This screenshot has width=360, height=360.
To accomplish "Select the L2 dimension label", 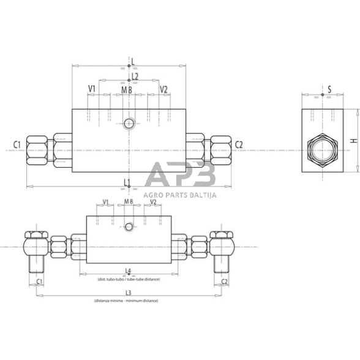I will (x=135, y=76).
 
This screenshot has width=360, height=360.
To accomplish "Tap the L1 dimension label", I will (x=127, y=182).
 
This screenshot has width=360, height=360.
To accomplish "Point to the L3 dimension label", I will (x=127, y=293).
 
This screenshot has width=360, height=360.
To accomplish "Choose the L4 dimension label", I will (x=127, y=271).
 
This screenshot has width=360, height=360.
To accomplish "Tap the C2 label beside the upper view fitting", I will (x=239, y=144).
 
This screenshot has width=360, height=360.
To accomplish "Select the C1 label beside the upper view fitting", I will (x=17, y=144).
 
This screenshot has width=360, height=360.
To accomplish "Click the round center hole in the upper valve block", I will (x=129, y=124).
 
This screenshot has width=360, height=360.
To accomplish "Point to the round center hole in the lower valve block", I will (x=129, y=228).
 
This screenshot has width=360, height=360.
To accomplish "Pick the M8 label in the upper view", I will (x=127, y=90).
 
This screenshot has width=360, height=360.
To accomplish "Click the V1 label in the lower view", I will (x=105, y=201).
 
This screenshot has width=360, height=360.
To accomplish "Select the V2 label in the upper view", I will (x=163, y=89).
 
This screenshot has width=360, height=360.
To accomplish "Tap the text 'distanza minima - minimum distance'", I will (x=126, y=301).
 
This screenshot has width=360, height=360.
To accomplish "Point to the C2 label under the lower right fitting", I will (x=223, y=282).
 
